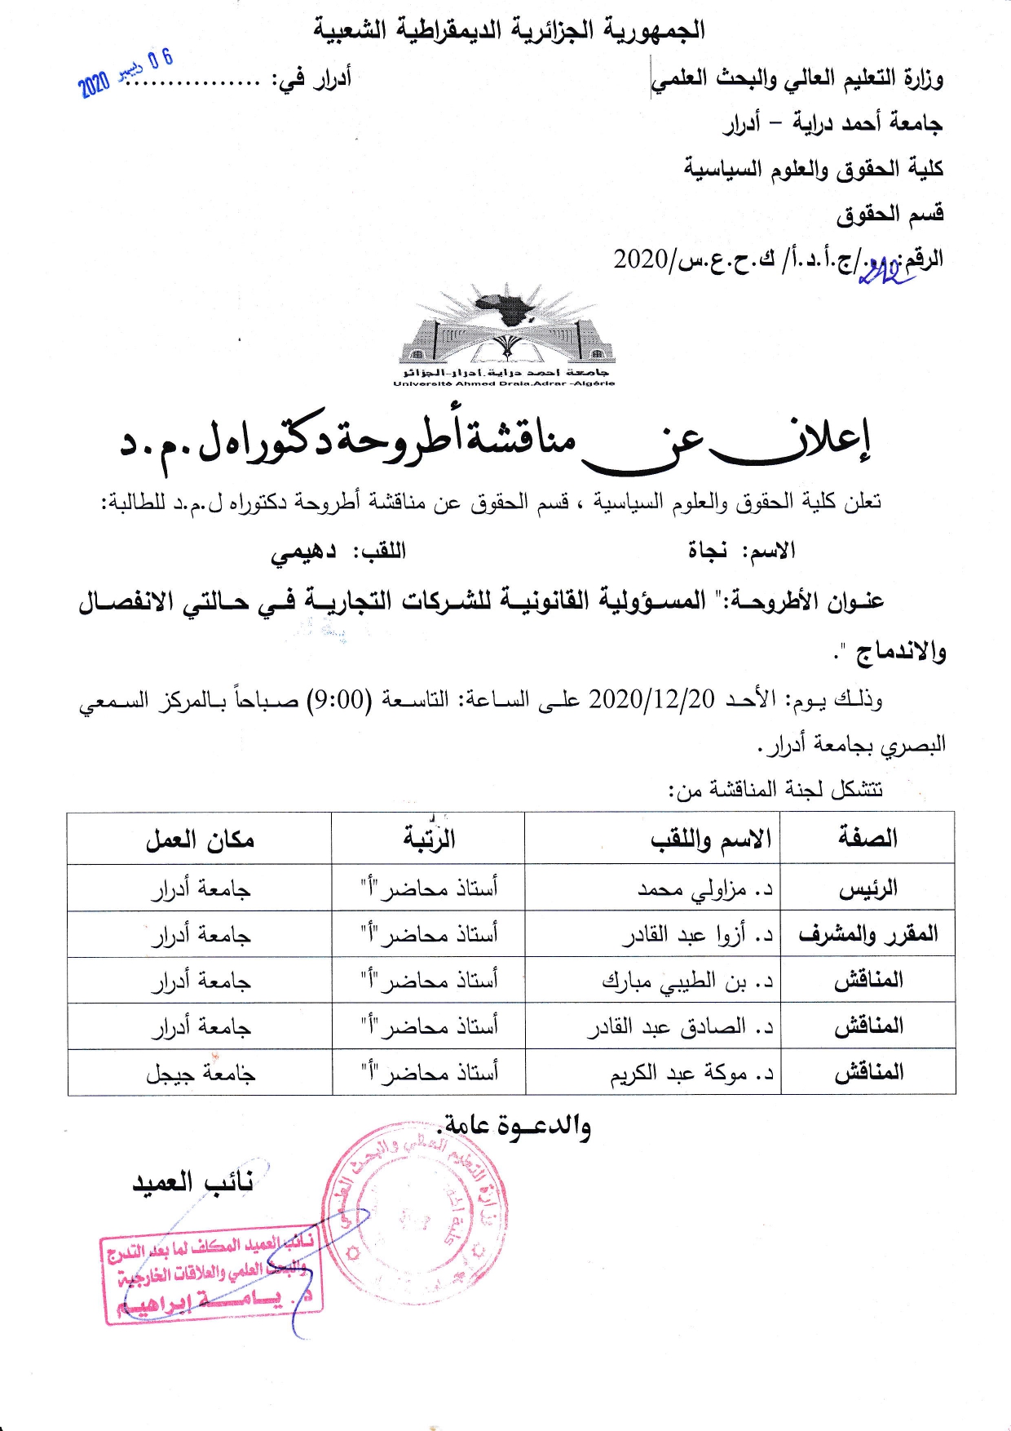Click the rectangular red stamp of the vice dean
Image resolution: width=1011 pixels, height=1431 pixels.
[x=212, y=1276]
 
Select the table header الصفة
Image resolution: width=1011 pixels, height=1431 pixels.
[x=868, y=838]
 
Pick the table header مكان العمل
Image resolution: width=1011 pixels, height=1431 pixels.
[x=200, y=839]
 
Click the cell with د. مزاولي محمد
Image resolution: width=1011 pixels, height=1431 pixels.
[x=704, y=888]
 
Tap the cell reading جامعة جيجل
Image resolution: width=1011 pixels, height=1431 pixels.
[x=201, y=1073]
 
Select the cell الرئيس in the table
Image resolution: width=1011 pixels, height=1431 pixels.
[x=868, y=888]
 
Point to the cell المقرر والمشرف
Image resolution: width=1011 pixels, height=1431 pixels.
[x=868, y=934]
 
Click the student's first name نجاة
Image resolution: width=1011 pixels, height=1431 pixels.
[x=707, y=551]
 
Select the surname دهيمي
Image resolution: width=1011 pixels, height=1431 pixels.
[x=303, y=552]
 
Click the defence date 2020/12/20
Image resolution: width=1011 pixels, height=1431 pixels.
[x=651, y=699]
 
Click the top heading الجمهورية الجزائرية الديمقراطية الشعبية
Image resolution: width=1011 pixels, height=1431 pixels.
[x=509, y=30]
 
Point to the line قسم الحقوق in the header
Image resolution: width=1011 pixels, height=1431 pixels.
[x=890, y=214]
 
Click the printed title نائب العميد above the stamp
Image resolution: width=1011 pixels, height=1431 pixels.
[x=192, y=1182]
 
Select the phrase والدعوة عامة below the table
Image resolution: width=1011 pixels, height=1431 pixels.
[x=517, y=1127]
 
